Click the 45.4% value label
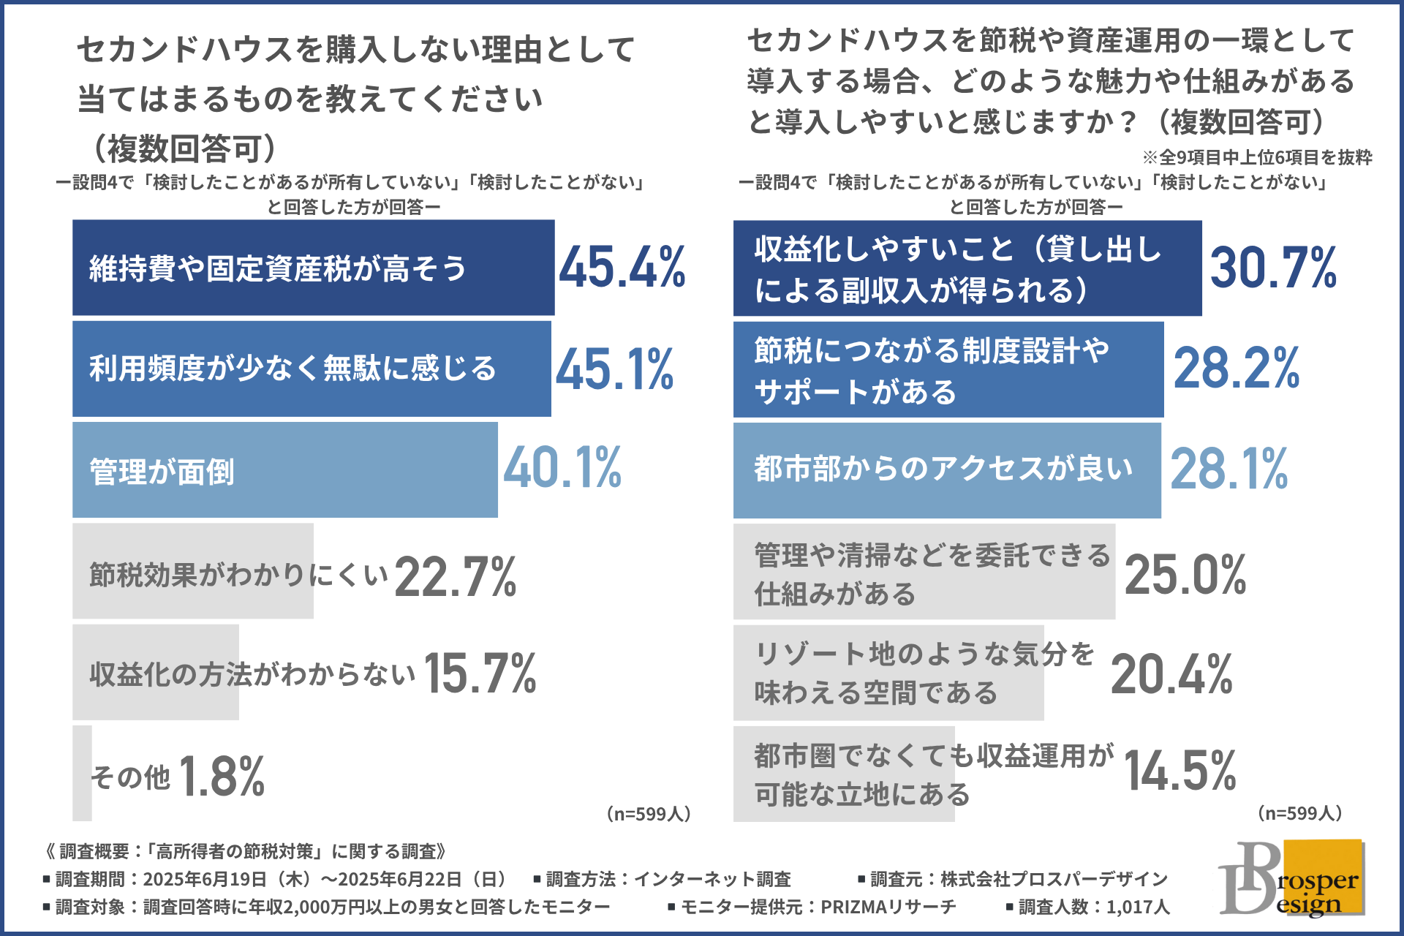click(622, 267)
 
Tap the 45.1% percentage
click(615, 369)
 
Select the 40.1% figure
click(562, 468)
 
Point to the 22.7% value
click(456, 577)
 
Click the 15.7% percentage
click(480, 673)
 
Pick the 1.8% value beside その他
click(222, 776)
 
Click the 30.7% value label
click(1273, 268)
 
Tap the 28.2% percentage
click(1237, 369)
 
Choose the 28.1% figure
click(1229, 469)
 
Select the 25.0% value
click(1185, 575)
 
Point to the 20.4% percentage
click(1171, 674)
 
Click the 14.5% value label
click(1180, 771)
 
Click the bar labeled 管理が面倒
click(284, 470)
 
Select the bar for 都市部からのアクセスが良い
click(946, 470)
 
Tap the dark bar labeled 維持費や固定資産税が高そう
click(313, 268)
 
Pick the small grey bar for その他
click(82, 773)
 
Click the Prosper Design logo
click(1291, 878)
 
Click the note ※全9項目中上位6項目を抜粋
click(1257, 157)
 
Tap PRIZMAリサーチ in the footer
click(888, 907)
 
